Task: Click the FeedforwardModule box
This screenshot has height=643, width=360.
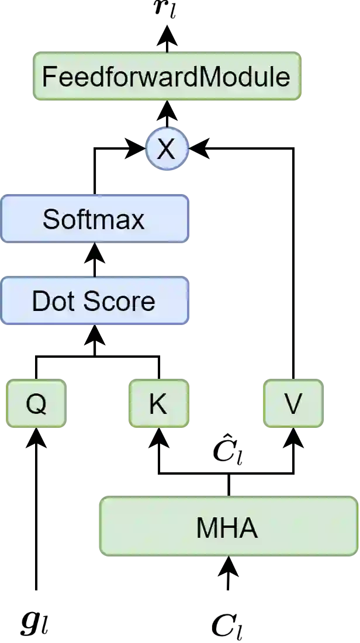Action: point(167,77)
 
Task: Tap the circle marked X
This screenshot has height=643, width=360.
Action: point(167,149)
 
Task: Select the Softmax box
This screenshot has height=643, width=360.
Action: point(95,219)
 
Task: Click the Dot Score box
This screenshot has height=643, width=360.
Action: point(95,301)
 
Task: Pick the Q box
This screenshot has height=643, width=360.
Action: point(37,403)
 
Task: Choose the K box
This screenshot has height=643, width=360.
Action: point(158,403)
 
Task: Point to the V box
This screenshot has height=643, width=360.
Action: point(293,403)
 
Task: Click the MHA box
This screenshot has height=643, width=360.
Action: point(228,526)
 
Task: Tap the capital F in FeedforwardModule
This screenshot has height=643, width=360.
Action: point(49,77)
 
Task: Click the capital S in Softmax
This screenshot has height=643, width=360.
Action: point(50,219)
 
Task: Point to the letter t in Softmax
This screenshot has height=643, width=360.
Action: point(86,219)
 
